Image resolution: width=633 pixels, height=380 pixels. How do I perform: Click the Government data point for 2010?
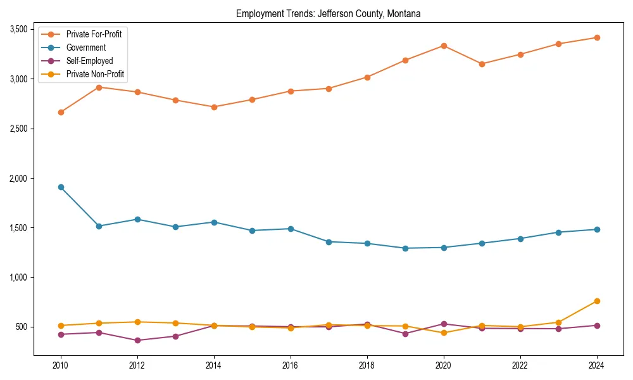[61, 187]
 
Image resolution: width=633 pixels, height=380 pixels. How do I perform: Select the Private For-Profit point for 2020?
[444, 46]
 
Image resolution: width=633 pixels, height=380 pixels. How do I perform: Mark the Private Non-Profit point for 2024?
[597, 301]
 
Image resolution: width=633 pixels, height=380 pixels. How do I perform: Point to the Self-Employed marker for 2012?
[137, 340]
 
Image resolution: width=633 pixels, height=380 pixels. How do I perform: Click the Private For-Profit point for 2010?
[61, 112]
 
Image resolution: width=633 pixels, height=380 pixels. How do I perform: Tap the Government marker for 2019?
[405, 248]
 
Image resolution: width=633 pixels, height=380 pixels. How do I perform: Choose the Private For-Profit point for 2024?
[597, 37]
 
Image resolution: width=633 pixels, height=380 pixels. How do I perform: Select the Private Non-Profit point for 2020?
[444, 332]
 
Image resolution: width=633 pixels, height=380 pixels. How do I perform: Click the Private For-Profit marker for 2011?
[99, 87]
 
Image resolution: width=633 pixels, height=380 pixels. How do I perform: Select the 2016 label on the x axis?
[291, 365]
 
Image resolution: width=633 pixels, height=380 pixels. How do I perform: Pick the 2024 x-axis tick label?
[597, 365]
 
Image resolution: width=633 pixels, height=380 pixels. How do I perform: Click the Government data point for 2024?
[597, 229]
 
